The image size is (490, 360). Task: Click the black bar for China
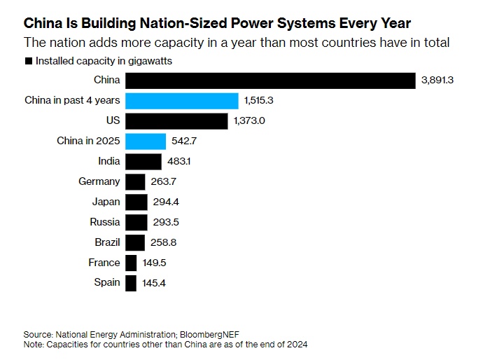(x=270, y=81)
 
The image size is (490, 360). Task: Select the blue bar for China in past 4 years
(x=182, y=101)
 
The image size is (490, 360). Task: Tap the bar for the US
(x=176, y=121)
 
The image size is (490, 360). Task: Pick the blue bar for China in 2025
(x=146, y=141)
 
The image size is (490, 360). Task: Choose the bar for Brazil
(x=135, y=242)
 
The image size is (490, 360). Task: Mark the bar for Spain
(x=131, y=283)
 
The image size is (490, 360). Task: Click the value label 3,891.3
(x=438, y=81)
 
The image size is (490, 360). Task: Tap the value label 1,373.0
(x=251, y=121)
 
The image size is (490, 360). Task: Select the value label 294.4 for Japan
(x=167, y=202)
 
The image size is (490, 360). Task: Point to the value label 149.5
(x=155, y=263)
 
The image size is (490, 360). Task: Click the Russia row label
(x=105, y=223)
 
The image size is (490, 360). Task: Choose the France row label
(x=105, y=263)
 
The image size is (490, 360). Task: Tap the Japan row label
(x=106, y=202)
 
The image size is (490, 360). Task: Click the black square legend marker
(x=28, y=62)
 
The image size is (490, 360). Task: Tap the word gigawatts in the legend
(x=149, y=61)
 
